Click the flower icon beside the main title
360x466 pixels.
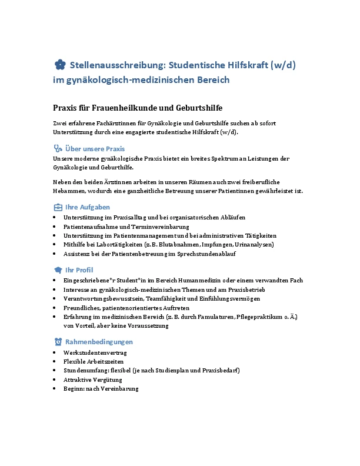point(59,64)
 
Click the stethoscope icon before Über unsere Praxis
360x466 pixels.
point(58,149)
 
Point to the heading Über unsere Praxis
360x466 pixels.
point(95,149)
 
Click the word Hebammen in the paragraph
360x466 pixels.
point(68,192)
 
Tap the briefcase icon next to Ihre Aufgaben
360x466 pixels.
point(58,207)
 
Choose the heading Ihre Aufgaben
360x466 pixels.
point(87,207)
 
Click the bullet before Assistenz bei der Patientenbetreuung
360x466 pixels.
point(55,254)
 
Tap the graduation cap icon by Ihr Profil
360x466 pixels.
point(58,269)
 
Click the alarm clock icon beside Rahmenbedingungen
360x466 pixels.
point(58,341)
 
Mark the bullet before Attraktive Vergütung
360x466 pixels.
point(55,380)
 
